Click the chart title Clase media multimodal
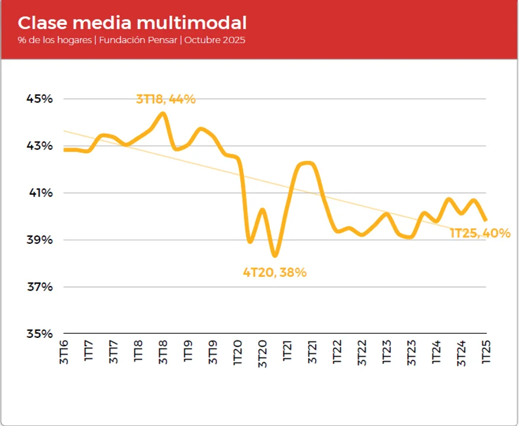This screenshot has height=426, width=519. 132,23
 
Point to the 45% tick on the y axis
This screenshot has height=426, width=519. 40,99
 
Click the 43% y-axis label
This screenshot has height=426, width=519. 40,146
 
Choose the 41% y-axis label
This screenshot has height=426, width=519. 40,193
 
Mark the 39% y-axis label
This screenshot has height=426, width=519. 40,240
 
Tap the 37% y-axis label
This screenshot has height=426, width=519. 40,287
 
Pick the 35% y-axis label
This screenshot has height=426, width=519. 40,334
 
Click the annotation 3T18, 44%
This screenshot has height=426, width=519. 166,99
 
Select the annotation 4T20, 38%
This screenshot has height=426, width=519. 275,273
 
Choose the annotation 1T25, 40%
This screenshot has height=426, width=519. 480,233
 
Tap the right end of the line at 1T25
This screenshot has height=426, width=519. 486,220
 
